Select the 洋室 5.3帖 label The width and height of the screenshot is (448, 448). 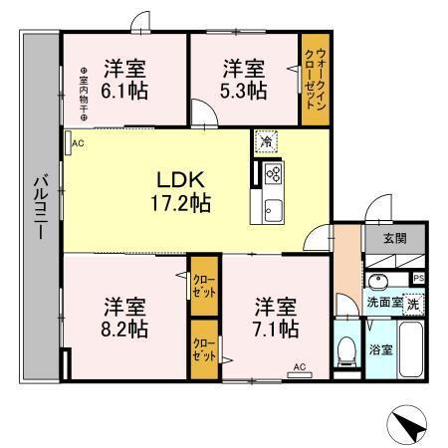click(244, 79)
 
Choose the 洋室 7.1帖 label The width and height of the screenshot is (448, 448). click(274, 315)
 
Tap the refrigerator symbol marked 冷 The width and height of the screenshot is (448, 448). click(267, 141)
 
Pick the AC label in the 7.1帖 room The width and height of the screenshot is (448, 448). click(298, 367)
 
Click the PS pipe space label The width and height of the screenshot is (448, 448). click(419, 277)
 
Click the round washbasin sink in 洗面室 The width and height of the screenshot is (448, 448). click(379, 281)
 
